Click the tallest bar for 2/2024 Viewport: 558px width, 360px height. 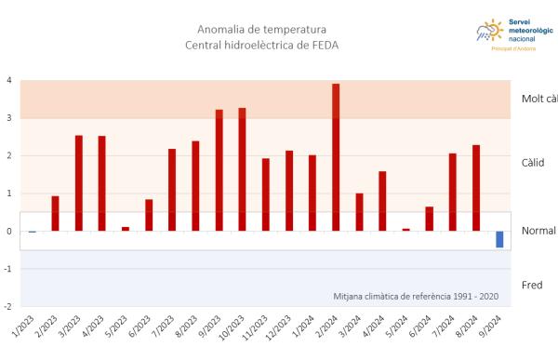[336, 157]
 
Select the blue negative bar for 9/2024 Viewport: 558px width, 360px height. [499, 239]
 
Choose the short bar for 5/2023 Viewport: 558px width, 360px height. [126, 229]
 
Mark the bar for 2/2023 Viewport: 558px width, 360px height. [56, 213]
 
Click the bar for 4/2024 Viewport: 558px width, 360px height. [382, 201]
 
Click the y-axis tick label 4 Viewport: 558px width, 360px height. [9, 81]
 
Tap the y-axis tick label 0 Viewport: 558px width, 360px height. [9, 232]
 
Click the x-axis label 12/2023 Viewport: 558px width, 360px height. [280, 329]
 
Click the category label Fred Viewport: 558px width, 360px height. [533, 285]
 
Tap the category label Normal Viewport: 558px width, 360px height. [538, 231]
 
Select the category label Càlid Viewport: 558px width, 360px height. [533, 162]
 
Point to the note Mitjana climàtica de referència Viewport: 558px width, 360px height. [415, 297]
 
